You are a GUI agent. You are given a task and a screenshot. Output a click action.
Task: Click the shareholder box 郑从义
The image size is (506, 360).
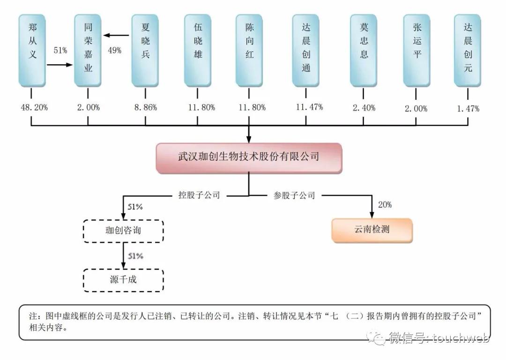[x=32, y=51]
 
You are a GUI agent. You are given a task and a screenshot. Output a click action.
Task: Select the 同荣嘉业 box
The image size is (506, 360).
[x=88, y=51]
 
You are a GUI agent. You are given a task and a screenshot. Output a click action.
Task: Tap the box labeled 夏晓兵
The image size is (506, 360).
[x=145, y=51]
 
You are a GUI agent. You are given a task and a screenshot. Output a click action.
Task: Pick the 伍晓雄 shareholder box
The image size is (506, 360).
[x=197, y=51]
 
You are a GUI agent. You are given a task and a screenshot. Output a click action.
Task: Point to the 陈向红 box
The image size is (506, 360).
[x=249, y=51]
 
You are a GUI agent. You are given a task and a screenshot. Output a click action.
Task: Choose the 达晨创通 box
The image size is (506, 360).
[x=306, y=51]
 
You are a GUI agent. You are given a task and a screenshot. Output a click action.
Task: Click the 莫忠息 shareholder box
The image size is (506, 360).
[x=364, y=51]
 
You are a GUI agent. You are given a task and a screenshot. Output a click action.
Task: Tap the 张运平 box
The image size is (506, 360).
[x=417, y=51]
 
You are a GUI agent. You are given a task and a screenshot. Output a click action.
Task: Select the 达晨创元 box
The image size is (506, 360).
[x=468, y=51]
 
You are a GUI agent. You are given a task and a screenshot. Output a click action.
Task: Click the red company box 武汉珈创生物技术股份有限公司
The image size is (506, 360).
[x=249, y=157]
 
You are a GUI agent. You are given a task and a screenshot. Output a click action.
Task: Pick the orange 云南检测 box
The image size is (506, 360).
[x=372, y=230]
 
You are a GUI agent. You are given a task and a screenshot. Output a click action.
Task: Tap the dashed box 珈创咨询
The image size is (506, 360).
[x=124, y=230]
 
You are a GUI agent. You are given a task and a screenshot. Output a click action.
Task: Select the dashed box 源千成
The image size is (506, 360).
[x=124, y=280]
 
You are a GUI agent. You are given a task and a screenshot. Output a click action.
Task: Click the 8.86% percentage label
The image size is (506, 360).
[x=145, y=107]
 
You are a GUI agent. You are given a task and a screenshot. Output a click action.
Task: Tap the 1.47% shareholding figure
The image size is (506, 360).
[x=468, y=108]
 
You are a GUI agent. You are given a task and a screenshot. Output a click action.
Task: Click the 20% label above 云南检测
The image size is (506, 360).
[x=385, y=205]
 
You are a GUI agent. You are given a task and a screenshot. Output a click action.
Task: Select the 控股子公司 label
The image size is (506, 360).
[x=199, y=195]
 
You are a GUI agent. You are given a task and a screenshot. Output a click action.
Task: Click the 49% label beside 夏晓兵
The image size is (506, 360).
[x=114, y=50]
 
